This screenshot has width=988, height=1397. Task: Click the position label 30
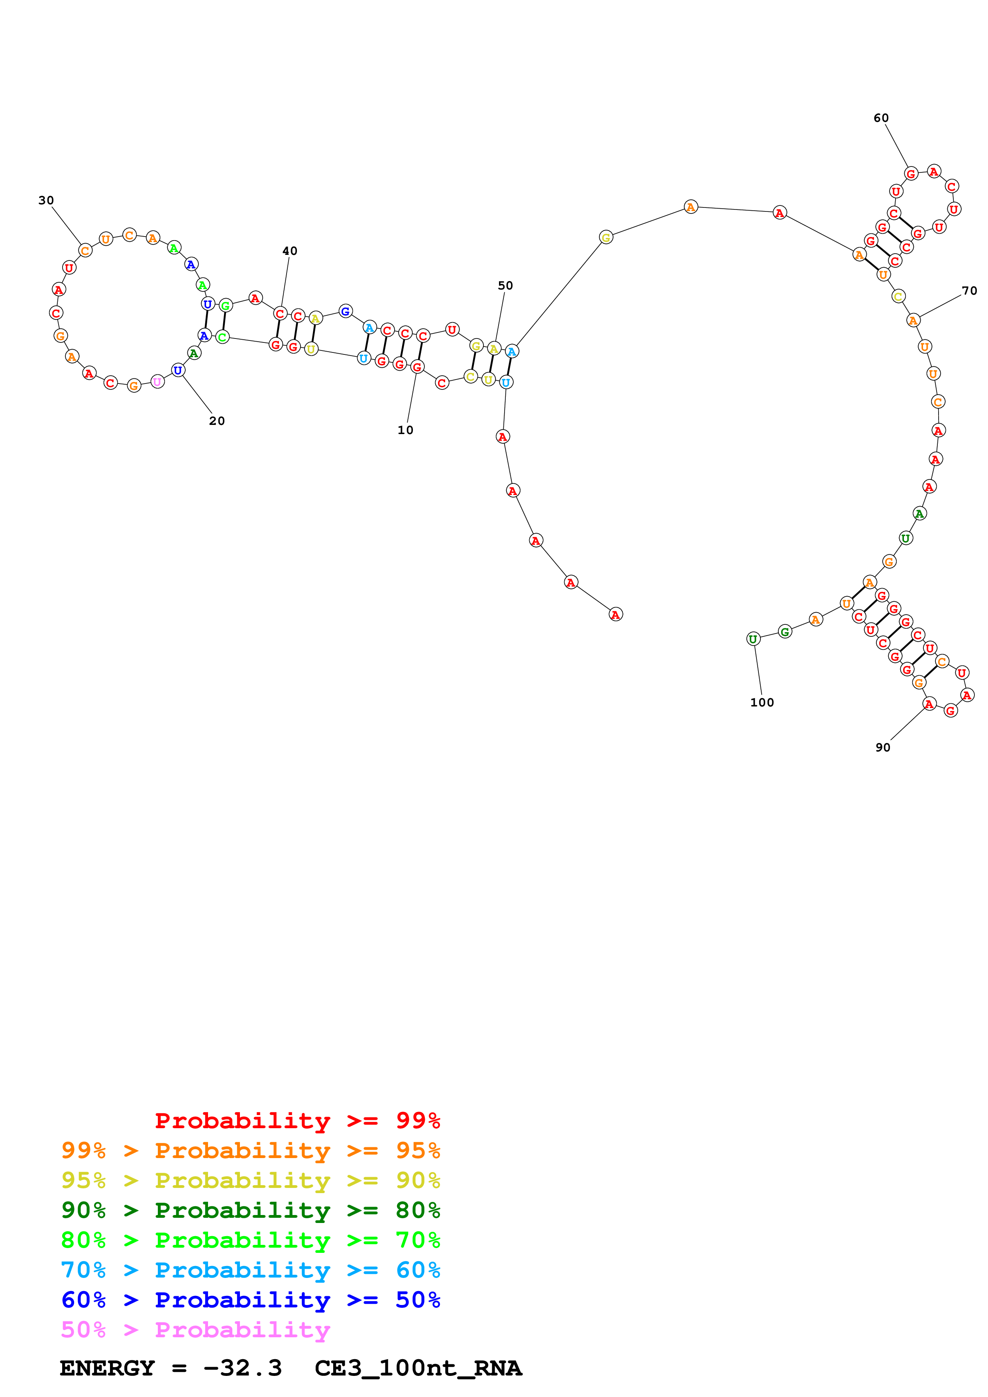pos(46,200)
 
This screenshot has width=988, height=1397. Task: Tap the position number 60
pos(881,118)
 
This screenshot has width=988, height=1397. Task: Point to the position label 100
pos(762,702)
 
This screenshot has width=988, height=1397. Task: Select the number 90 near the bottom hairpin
pos(883,747)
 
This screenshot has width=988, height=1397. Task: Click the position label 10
pos(405,430)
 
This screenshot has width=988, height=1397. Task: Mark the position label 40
pos(290,250)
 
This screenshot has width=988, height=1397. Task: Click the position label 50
pos(505,286)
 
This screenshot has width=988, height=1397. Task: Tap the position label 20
pos(217,421)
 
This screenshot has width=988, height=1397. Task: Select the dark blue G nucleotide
pos(345,311)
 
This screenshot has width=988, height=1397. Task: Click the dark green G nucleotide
pos(785,632)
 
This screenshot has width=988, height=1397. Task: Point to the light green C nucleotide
pos(222,337)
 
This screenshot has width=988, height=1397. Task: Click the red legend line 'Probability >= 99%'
pos(297,1120)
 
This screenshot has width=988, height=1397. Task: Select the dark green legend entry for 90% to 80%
pos(250,1210)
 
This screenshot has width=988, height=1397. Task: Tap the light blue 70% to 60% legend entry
pos(250,1270)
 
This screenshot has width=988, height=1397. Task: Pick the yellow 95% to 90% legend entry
pos(250,1180)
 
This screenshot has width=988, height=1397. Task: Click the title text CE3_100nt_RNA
pos(418,1368)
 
